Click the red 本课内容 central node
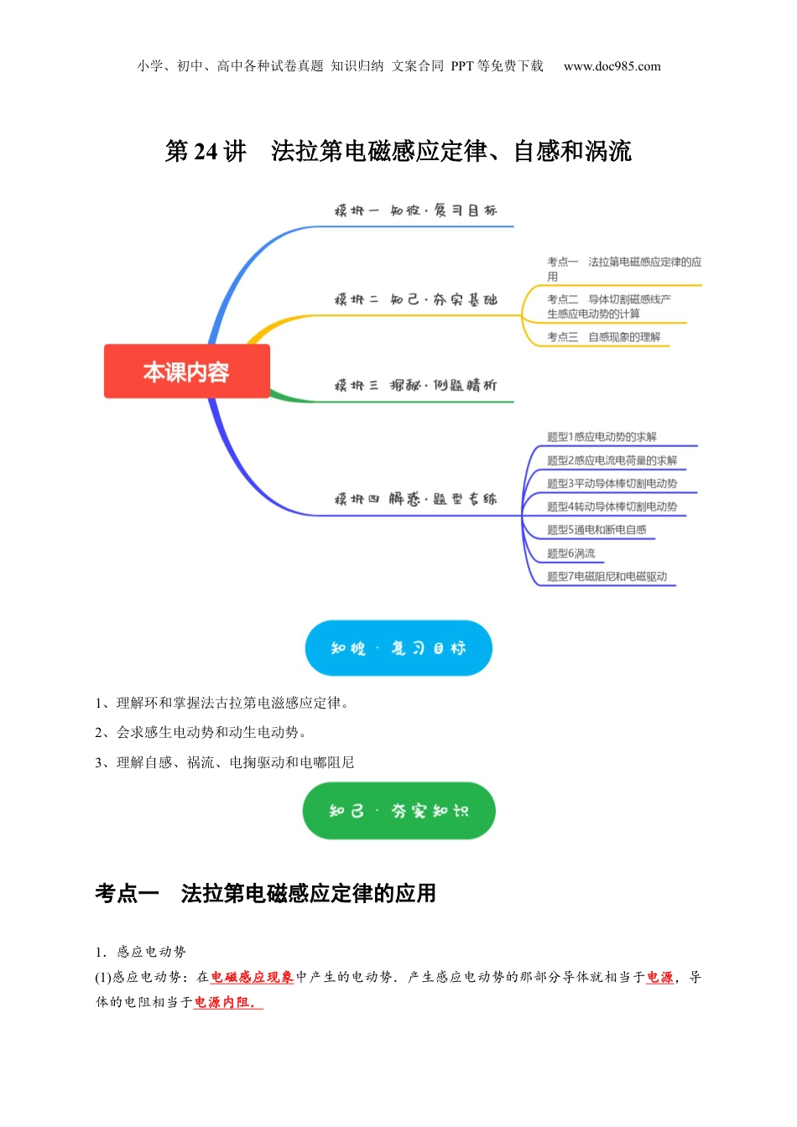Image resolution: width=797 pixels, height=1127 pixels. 186,371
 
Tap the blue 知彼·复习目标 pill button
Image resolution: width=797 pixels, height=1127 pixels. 398,648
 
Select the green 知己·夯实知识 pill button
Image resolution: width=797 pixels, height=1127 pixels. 398,811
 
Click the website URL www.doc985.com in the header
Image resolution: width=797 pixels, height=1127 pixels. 612,66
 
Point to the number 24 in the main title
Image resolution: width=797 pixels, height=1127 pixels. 206,152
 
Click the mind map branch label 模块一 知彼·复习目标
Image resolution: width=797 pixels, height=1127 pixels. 415,210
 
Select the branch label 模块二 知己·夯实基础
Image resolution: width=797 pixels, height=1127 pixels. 415,299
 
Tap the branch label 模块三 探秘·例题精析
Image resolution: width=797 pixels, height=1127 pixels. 415,386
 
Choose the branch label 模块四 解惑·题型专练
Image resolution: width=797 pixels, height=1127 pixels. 415,499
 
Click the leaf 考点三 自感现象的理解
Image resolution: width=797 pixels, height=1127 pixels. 603,337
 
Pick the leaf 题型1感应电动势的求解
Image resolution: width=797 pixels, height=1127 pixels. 602,437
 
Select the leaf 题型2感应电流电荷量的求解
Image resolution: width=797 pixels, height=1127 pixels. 612,460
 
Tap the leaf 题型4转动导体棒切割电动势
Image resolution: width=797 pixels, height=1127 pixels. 612,506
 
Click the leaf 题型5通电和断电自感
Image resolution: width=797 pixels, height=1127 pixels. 596,530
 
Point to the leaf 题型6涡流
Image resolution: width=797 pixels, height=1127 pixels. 570,553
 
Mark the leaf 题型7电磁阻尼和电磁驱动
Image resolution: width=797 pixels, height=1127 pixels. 607,577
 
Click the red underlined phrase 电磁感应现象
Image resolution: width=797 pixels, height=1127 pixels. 252,977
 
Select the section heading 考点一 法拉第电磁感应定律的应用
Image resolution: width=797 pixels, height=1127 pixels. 265,894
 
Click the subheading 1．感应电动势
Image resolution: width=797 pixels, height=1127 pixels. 140,952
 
